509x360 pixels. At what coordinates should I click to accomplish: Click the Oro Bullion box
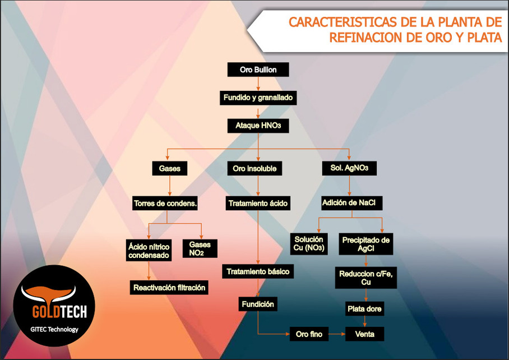pos(258,70)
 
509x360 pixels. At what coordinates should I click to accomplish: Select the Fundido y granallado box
pos(258,98)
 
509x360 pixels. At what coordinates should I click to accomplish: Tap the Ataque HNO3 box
pos(258,126)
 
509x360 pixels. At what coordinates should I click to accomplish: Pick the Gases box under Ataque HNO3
pos(169,168)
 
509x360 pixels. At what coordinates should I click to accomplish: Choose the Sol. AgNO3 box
pos(349,168)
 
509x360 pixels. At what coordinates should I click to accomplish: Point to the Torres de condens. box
pos(165,203)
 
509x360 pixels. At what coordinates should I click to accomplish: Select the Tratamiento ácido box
pos(258,203)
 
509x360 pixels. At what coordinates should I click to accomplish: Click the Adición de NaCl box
pos(352,202)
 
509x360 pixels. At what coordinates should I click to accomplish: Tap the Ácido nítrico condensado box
pos(149,250)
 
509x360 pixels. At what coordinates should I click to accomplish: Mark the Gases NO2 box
pos(200,248)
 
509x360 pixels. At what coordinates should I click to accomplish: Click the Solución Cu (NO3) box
pos(312,244)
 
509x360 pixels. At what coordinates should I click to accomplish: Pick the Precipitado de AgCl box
pos(366,244)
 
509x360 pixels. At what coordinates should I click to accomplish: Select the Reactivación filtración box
pos(170,288)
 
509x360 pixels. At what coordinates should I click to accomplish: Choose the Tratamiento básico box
pos(258,272)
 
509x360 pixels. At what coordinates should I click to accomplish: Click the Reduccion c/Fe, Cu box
pos(366,278)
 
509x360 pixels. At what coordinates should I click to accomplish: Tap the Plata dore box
pos(366,309)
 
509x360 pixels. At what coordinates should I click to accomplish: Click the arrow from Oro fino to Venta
pos(336,334)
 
